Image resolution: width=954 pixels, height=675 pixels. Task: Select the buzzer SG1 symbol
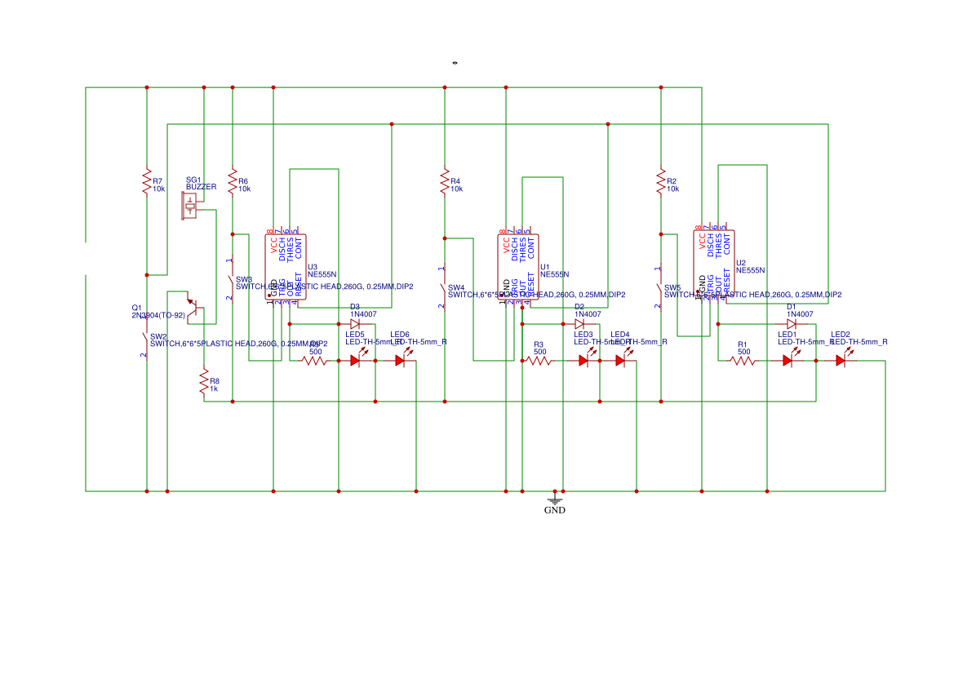coord(190,207)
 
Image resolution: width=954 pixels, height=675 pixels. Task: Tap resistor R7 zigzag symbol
coord(147,181)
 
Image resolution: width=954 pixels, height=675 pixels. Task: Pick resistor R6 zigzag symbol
coord(233,181)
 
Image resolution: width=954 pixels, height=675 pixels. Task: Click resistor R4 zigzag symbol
coord(445,181)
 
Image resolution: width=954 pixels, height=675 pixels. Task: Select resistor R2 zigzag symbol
coord(661,181)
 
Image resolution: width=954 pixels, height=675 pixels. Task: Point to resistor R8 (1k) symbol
coord(204,383)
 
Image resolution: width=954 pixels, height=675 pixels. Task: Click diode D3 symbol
coord(354,324)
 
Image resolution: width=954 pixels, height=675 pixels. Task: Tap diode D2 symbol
coord(579,324)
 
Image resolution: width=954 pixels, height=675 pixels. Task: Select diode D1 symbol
coord(791,324)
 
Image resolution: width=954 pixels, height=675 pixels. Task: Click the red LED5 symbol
coord(356,361)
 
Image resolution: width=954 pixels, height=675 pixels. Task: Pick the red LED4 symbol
coord(620,361)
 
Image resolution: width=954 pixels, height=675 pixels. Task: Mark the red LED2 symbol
coord(841,361)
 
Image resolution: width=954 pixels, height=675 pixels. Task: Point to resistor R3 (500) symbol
coord(539,361)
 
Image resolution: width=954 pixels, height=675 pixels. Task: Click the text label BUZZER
coord(202,187)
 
